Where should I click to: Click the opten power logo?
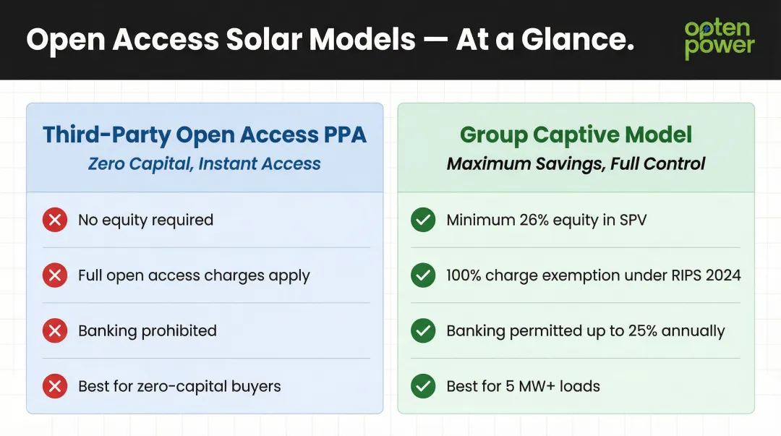719,39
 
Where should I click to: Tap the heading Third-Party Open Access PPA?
205,134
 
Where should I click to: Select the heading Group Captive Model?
576,134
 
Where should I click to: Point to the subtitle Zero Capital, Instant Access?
205,164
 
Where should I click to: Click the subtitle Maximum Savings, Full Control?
576,164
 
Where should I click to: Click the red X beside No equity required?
55,221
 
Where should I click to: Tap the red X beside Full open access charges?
55,275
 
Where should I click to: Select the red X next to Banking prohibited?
55,331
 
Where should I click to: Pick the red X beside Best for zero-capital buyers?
55,386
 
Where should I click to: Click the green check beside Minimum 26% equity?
423,221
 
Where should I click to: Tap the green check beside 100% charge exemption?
423,275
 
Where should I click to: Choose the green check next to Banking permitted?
423,331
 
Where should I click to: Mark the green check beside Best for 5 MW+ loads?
423,386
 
